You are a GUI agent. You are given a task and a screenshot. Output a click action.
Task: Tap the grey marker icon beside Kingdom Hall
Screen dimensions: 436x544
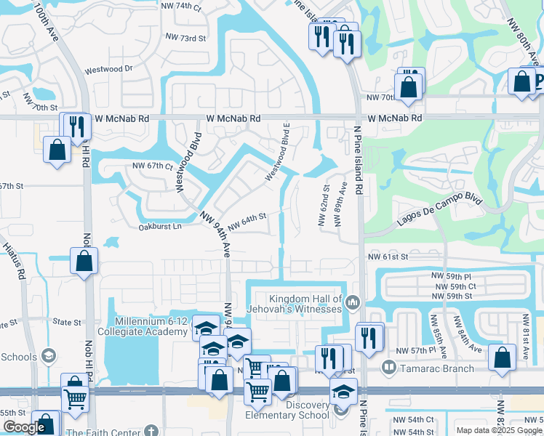click(x=353, y=301)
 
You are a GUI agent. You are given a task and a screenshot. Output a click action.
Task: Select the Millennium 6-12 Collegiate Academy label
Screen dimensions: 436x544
click(x=151, y=326)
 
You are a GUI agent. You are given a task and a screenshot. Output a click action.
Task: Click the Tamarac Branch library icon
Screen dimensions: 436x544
click(x=389, y=368)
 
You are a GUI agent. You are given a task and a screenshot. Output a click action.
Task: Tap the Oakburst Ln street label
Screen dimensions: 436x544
click(x=159, y=227)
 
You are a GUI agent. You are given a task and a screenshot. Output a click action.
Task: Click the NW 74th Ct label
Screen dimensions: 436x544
click(x=183, y=6)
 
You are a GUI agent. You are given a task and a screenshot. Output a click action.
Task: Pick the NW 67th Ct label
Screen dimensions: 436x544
click(x=153, y=166)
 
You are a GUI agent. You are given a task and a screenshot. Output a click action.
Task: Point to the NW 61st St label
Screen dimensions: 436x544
click(x=388, y=257)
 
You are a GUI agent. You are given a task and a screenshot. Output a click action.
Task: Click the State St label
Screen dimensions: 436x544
click(x=66, y=322)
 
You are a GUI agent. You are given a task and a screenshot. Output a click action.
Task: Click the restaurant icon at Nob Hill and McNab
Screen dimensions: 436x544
click(x=76, y=126)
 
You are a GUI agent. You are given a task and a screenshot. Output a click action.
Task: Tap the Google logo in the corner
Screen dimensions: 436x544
click(x=24, y=428)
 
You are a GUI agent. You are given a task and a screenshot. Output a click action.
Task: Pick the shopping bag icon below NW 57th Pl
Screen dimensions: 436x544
click(x=502, y=358)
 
